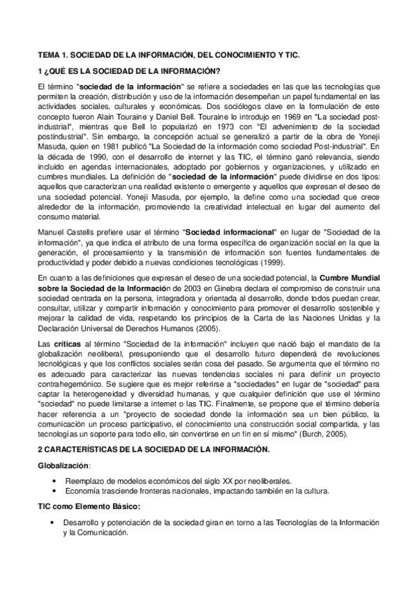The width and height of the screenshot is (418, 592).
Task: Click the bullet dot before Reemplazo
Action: [54, 481]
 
